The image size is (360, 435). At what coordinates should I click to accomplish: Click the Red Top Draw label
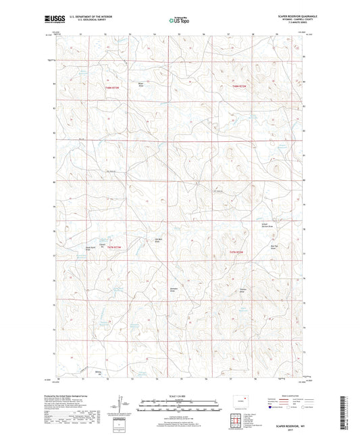tap(257, 247)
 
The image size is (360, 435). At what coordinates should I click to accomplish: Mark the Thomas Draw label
tap(242, 290)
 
